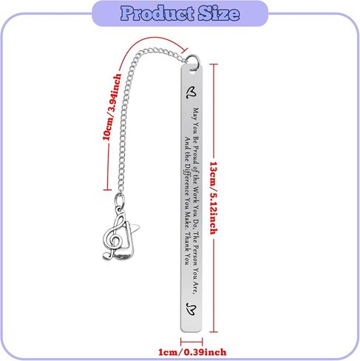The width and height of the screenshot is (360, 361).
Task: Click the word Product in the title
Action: (157, 13)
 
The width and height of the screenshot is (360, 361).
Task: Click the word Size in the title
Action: (219, 13)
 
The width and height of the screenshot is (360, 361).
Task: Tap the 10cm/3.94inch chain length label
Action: (112, 107)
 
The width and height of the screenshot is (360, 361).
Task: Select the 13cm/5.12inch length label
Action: (214, 198)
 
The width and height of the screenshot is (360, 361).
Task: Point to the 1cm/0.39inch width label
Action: (192, 352)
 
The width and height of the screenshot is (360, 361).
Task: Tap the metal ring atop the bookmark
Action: (193, 61)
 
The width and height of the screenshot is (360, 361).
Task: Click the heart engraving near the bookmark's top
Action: (191, 92)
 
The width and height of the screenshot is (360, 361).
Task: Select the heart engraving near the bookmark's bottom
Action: (191, 309)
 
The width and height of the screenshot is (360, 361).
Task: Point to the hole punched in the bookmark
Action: (192, 72)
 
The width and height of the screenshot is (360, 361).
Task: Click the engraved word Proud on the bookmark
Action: (196, 155)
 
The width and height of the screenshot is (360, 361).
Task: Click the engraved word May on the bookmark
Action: (196, 113)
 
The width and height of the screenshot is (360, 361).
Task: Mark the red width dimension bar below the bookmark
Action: (191, 342)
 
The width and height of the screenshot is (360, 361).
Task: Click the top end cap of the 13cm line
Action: (214, 64)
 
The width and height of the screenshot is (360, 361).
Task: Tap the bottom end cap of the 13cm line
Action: (214, 332)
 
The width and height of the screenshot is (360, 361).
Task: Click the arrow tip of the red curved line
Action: (186, 51)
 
